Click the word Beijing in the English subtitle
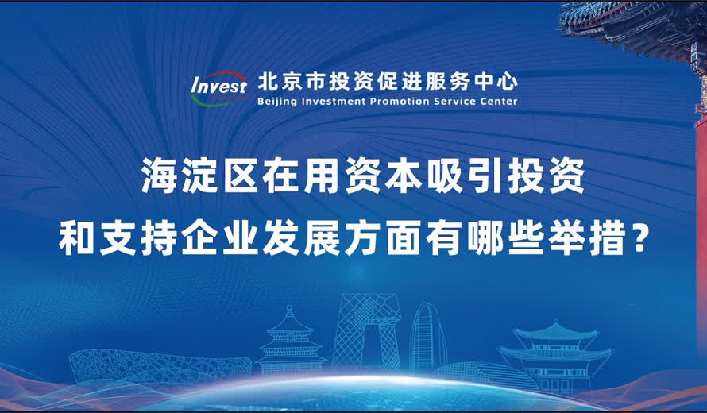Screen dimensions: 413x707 (x=279, y=102)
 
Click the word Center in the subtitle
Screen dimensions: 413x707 (x=500, y=102)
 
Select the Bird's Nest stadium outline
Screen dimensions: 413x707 (x=135, y=365)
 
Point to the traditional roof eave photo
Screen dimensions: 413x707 (x=636, y=24)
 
